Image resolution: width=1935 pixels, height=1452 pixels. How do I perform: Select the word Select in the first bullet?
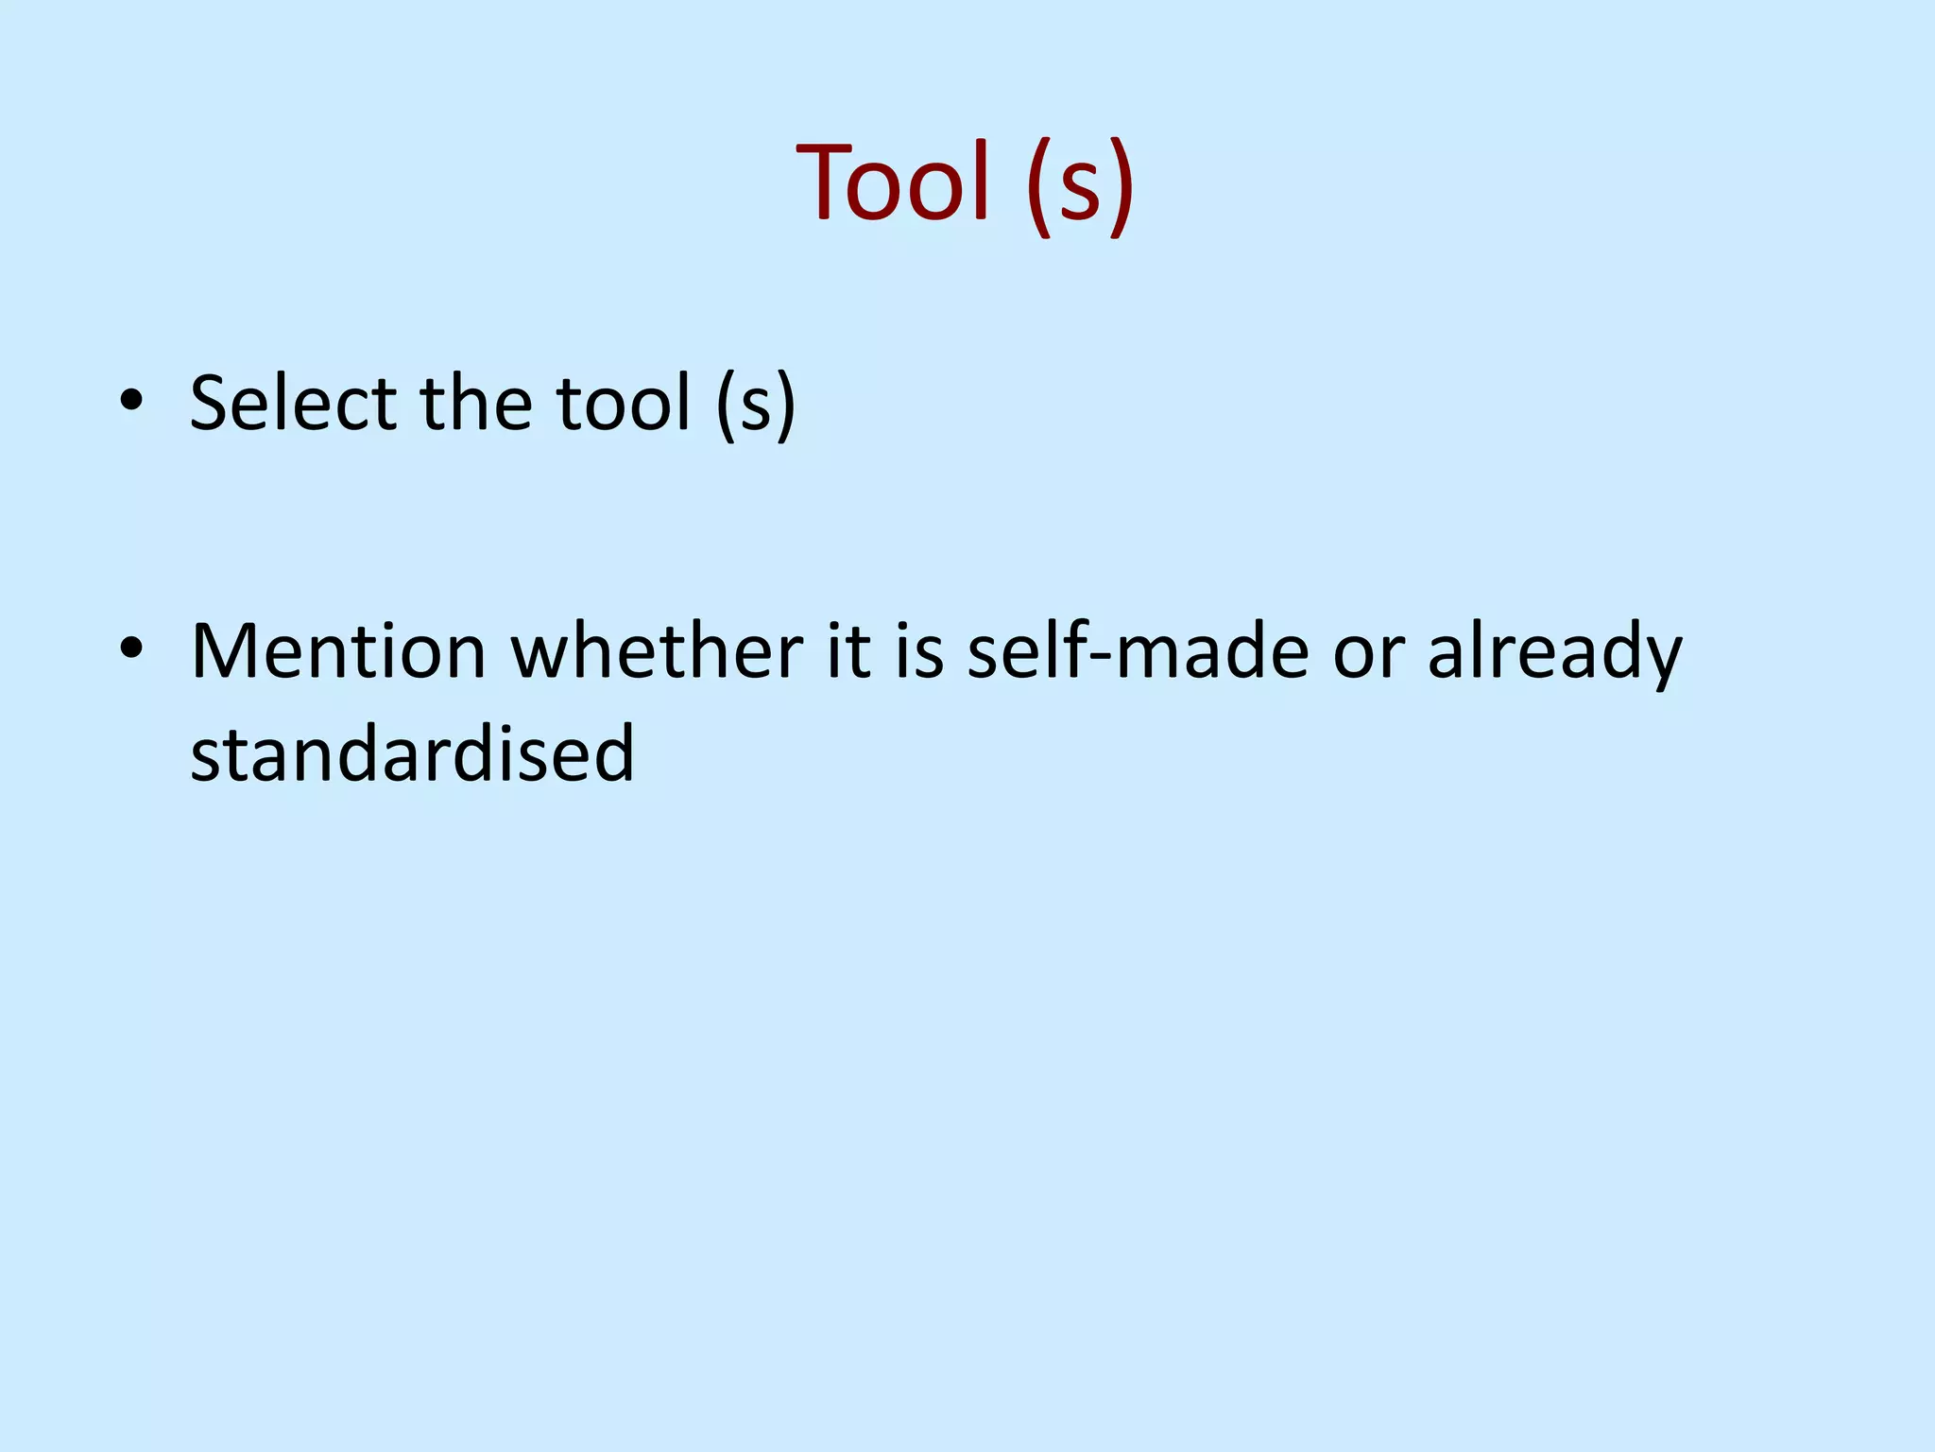click(x=293, y=404)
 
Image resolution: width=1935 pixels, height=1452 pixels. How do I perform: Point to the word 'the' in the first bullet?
click(x=476, y=404)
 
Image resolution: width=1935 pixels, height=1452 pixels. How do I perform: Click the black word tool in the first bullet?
click(x=623, y=404)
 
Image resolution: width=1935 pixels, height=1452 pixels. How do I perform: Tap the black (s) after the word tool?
click(x=755, y=406)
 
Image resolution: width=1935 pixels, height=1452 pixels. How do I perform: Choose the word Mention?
click(x=338, y=651)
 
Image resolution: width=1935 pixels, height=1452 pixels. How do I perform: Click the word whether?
click(x=657, y=651)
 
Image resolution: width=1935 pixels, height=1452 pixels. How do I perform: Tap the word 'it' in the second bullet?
click(x=848, y=651)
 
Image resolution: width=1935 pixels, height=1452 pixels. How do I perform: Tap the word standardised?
click(x=412, y=753)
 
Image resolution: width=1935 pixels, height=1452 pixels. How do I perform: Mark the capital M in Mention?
click(x=228, y=651)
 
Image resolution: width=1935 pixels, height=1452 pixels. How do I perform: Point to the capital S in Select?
click(x=212, y=404)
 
